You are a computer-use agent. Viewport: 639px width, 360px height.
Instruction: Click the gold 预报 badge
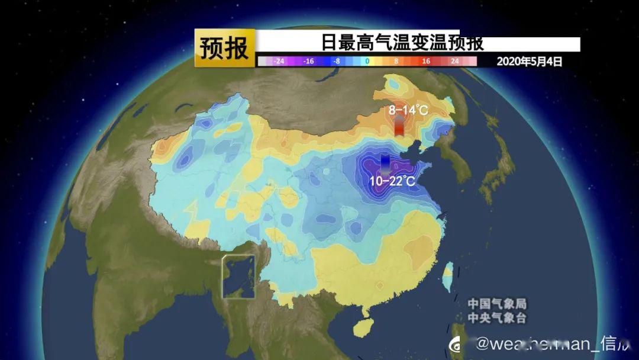click(225, 48)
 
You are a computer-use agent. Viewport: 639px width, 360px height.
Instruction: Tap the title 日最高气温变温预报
click(402, 43)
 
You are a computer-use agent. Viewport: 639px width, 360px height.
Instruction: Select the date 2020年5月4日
click(529, 61)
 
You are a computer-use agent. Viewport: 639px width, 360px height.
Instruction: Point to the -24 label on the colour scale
click(279, 61)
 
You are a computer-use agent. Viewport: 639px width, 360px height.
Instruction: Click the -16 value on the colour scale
click(308, 61)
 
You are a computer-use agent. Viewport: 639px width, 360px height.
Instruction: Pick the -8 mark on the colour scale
click(337, 61)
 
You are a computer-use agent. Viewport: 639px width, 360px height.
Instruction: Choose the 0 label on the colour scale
click(367, 61)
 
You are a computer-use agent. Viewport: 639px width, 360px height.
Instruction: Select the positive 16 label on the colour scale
click(426, 61)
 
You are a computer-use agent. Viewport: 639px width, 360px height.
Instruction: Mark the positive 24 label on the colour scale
click(455, 61)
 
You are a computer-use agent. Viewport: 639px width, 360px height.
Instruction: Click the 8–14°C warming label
click(408, 110)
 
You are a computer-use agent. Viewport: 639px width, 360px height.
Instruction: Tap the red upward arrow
click(401, 126)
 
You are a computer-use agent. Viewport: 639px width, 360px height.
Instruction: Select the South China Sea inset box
click(238, 276)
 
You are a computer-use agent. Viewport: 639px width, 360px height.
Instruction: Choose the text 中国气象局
click(497, 304)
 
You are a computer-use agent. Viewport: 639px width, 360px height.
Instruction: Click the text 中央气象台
click(497, 318)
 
